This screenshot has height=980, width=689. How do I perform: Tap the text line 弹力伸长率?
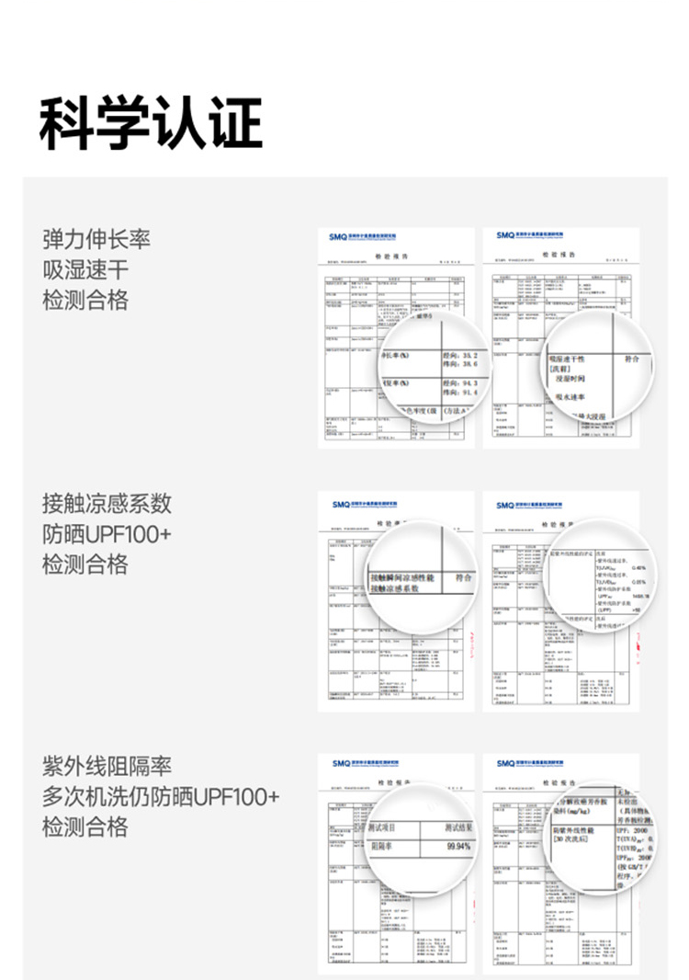click(x=96, y=240)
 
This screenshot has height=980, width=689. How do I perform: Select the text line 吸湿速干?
click(x=85, y=270)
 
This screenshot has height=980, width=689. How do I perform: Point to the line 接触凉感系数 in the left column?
click(x=107, y=504)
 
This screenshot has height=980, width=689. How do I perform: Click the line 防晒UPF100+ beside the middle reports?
click(x=107, y=534)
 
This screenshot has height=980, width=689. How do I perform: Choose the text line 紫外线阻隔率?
click(x=107, y=766)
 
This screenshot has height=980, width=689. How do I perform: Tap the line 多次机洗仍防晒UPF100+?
click(x=161, y=796)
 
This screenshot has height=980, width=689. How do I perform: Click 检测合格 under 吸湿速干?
click(x=85, y=301)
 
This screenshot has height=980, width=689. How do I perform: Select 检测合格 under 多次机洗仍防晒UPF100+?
click(x=85, y=826)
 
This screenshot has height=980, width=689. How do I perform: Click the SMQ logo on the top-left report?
click(x=340, y=236)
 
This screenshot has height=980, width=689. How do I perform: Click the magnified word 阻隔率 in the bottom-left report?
click(x=385, y=847)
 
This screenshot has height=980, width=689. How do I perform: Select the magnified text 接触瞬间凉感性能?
click(x=401, y=578)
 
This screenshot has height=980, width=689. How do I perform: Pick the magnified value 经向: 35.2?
click(x=460, y=354)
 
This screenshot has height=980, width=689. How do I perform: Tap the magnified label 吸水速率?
click(x=572, y=396)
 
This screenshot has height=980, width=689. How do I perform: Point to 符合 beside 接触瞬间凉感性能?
click(x=462, y=577)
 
